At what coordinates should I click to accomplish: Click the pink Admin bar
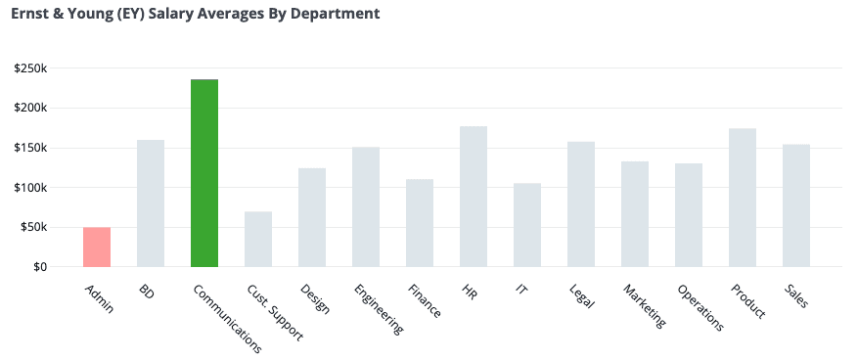[97, 247]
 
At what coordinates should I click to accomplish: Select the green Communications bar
[204, 173]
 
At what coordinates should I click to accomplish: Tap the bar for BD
[151, 203]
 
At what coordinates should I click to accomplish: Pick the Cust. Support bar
[258, 239]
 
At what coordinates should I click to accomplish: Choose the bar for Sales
[796, 205]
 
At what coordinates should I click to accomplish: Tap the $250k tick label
[31, 67]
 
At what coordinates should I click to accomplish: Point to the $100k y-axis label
[31, 187]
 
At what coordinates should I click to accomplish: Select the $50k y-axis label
[34, 227]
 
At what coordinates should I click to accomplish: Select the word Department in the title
[338, 15]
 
